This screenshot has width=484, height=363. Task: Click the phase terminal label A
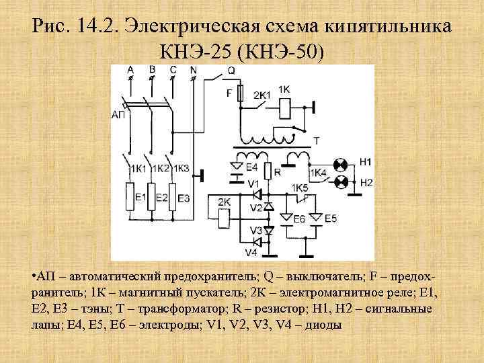coord(130,69)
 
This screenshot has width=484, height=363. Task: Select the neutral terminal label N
coord(193,69)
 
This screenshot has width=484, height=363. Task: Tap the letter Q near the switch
coord(231,70)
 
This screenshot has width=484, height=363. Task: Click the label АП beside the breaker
coord(118,114)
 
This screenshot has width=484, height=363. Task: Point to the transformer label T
coord(317,140)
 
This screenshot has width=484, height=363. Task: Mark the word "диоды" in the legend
coord(323,324)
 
